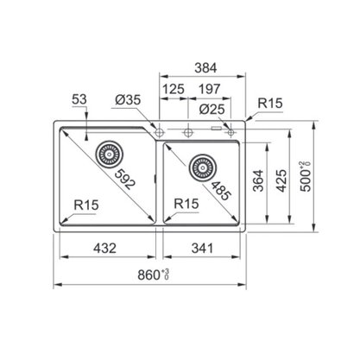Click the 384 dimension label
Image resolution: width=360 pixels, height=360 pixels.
[205, 68]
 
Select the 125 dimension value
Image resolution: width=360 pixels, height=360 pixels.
[174, 89]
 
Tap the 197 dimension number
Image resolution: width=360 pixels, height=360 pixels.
[209, 89]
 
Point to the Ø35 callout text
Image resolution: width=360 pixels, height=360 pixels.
[128, 100]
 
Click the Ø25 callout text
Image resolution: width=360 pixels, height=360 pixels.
[212, 110]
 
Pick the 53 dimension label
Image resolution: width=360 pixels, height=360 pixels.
[79, 99]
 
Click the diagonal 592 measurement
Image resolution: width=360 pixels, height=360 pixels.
[124, 180]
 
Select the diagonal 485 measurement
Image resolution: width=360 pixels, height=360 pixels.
[221, 192]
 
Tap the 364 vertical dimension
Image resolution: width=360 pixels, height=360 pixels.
[258, 180]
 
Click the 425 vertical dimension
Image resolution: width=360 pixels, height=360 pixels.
[281, 180]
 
